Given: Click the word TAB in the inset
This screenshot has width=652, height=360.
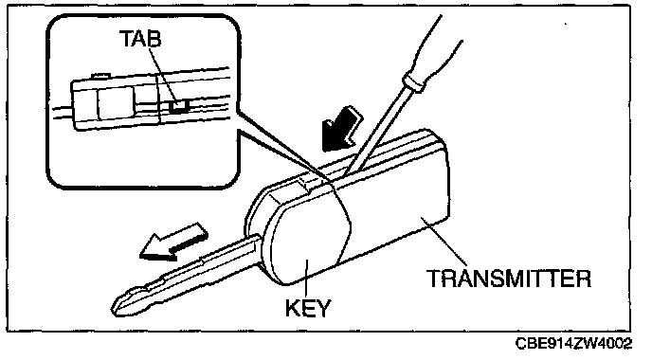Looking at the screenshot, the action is click(x=140, y=39).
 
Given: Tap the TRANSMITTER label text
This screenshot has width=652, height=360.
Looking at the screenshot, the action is click(x=509, y=279).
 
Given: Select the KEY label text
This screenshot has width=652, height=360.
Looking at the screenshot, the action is click(x=308, y=308).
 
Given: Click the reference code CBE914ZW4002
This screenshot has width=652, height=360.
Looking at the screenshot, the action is click(x=574, y=344).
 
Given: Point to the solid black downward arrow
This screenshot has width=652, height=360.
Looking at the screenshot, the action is click(x=342, y=129).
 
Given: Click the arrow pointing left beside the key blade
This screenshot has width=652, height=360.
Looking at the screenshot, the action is click(x=173, y=242).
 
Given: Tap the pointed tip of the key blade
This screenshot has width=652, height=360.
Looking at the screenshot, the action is click(x=112, y=310).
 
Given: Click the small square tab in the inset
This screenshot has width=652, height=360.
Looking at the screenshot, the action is click(x=178, y=106).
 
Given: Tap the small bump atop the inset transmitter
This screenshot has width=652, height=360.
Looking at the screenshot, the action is click(x=101, y=77).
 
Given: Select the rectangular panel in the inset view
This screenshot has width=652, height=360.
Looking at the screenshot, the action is click(x=116, y=103).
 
